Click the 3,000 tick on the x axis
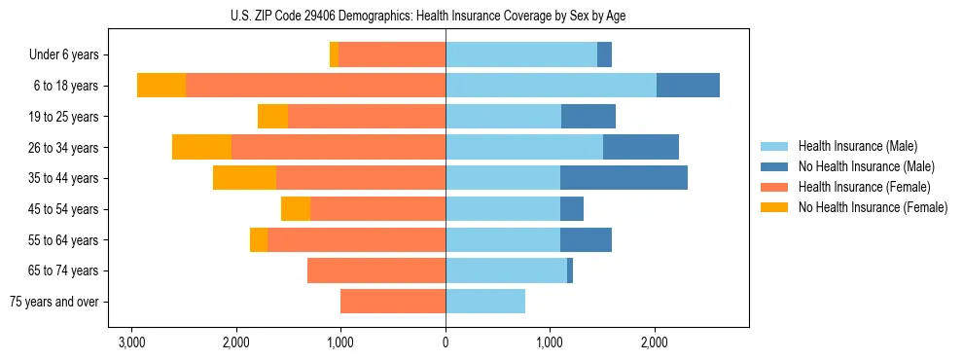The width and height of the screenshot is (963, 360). pos(131,342)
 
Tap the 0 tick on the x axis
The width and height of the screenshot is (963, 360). pos(446,342)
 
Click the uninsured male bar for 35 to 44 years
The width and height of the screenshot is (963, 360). pos(624,178)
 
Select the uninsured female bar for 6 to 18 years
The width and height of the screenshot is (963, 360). pos(161,86)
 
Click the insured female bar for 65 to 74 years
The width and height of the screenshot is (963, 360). pos(376,270)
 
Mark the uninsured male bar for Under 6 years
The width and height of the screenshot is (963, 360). pos(604,55)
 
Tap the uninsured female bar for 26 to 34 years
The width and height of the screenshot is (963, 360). pos(201,147)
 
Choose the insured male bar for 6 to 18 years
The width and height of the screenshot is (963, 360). pos(551,86)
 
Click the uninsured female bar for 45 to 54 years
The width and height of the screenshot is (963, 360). pos(296,209)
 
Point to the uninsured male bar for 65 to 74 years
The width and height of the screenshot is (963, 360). pos(570,270)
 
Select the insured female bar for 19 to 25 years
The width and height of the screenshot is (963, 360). pos(367,117)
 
